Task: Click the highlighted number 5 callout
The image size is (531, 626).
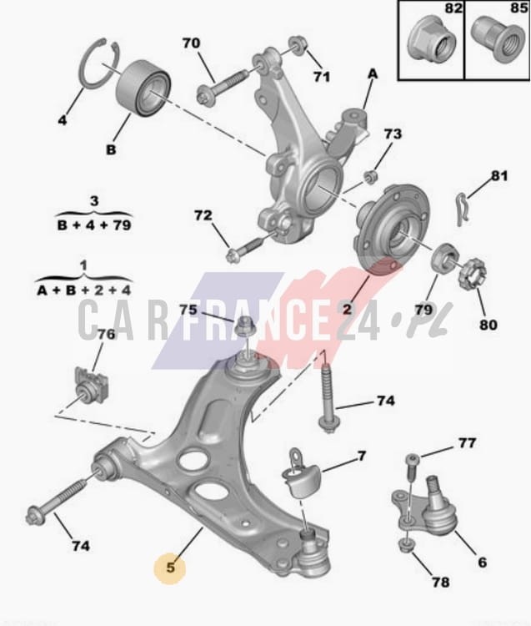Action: [x=170, y=568]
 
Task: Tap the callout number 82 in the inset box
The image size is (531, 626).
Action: [x=453, y=8]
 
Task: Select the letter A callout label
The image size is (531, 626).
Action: [x=373, y=73]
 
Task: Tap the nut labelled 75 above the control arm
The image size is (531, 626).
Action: [x=243, y=326]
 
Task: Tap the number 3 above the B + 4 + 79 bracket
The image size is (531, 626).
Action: [x=94, y=200]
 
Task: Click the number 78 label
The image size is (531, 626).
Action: [x=441, y=582]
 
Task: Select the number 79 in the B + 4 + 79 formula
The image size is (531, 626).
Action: [x=122, y=225]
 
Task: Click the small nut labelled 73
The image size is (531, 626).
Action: [x=371, y=176]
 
